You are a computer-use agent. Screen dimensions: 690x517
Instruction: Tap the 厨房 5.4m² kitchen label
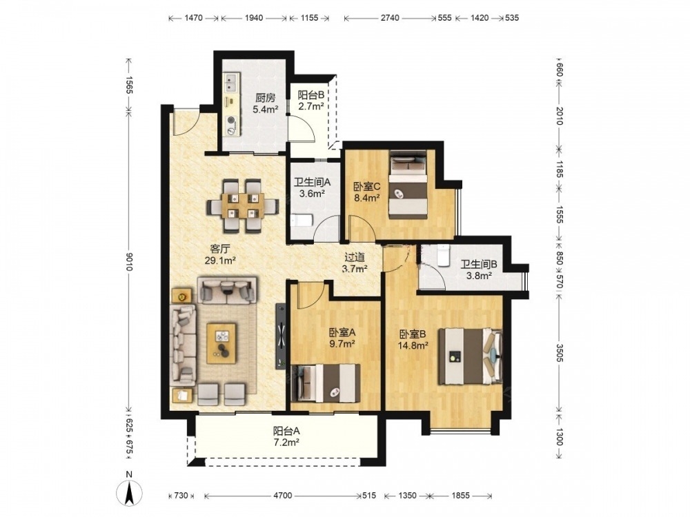266,103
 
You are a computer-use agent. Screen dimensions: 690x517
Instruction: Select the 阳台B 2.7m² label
311,100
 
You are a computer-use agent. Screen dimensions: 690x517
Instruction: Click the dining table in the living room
243,205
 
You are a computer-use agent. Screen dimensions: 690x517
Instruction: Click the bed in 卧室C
408,184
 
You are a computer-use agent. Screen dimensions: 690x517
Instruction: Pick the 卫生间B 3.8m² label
479,270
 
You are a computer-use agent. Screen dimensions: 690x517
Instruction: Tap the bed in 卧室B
471,356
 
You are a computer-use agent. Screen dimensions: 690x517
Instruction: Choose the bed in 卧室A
326,383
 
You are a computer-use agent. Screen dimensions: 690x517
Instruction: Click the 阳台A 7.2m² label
286,436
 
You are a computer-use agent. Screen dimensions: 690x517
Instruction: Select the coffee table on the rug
221,343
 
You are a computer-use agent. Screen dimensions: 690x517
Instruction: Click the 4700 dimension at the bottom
282,496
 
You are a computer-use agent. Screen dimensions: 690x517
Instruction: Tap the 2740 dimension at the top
390,18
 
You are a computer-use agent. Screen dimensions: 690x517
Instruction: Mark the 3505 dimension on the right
559,354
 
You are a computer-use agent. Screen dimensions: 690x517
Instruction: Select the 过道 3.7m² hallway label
355,263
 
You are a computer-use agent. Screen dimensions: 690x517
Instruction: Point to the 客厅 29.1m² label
220,254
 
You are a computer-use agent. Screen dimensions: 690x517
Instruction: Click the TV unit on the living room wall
280,336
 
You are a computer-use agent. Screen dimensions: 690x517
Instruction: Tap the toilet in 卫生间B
443,256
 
